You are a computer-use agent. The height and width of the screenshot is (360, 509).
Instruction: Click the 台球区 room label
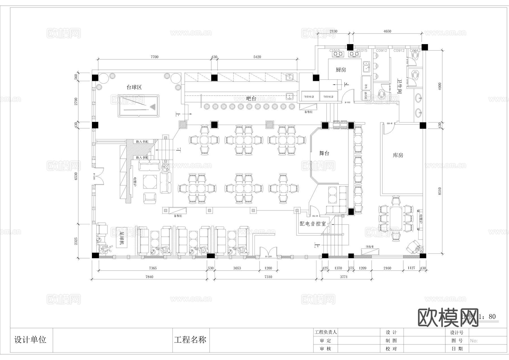[x=134, y=87]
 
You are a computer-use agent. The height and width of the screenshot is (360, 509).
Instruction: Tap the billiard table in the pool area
[x=139, y=106]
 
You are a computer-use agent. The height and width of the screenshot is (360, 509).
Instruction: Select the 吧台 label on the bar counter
[x=251, y=99]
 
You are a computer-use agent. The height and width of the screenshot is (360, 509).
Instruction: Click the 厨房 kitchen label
[x=341, y=70]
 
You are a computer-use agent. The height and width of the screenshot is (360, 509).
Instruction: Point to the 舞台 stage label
[x=324, y=153]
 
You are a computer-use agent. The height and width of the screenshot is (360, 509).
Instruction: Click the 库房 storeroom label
[x=398, y=155]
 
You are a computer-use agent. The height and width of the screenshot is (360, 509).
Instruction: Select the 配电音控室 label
[x=313, y=224]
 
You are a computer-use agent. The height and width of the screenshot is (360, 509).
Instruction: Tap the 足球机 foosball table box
[x=122, y=238]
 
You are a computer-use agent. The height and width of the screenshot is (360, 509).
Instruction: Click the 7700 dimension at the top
[x=154, y=57]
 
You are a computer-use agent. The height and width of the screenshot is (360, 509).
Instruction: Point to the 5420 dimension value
[x=257, y=57]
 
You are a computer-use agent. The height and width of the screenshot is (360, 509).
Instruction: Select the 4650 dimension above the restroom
[x=387, y=31]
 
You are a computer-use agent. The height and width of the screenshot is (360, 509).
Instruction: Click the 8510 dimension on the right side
[x=439, y=191]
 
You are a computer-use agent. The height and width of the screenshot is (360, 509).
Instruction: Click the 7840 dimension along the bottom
[x=149, y=277]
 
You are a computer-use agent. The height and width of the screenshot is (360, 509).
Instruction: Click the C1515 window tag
[x=335, y=51]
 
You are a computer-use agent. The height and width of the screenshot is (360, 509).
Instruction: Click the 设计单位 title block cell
[x=30, y=340]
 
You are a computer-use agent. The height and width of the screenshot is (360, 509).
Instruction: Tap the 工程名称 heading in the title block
[x=190, y=340]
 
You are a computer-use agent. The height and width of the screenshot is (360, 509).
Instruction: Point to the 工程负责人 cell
[x=326, y=332]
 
